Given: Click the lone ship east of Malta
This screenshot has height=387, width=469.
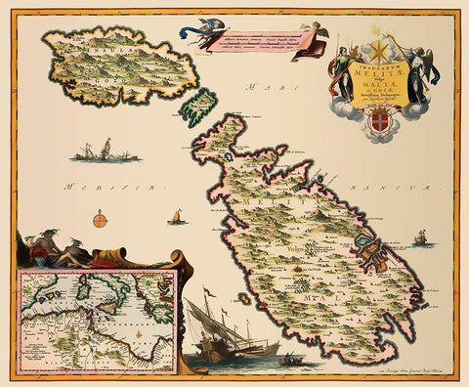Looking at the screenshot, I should click(420, 237).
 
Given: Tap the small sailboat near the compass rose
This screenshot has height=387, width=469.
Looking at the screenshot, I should click(176, 216).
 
